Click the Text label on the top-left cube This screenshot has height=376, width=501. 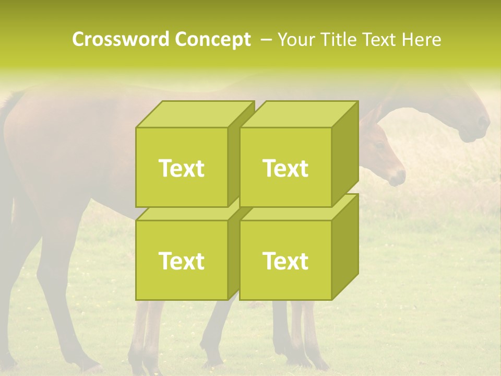click(x=181, y=168)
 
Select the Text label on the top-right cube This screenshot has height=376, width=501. click(x=285, y=168)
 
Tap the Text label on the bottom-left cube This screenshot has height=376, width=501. click(x=181, y=261)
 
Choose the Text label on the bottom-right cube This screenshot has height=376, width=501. click(x=285, y=261)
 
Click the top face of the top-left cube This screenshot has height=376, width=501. click(x=194, y=114)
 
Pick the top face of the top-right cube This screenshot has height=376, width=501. click(x=299, y=114)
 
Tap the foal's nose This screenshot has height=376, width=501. click(x=399, y=178)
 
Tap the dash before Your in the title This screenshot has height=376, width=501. click(x=266, y=40)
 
